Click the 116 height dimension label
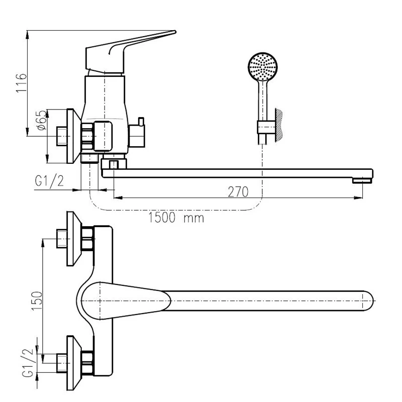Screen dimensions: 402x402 (x=20, y=83)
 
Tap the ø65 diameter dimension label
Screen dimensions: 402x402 (x=42, y=122)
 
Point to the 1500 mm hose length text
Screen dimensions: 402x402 (x=176, y=219)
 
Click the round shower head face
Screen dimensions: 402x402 (x=263, y=66)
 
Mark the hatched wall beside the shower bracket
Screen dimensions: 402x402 (x=279, y=124)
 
